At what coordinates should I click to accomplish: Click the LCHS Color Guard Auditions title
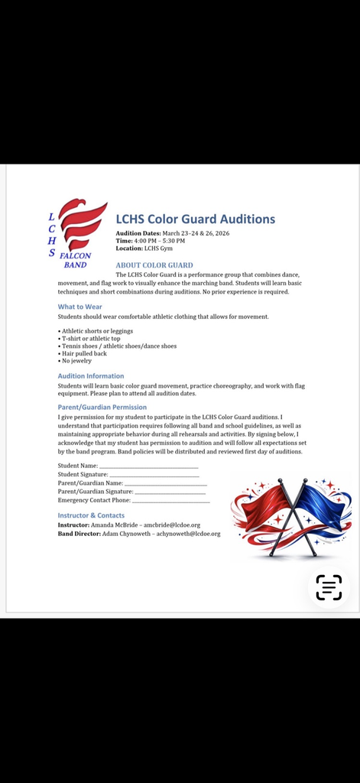[x=195, y=219]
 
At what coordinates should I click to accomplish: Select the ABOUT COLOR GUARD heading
[x=154, y=265]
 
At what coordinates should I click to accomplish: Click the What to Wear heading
[x=79, y=307]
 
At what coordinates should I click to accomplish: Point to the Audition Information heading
[x=90, y=375]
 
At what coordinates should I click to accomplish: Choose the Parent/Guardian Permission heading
[x=102, y=408]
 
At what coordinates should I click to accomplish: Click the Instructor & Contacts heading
[x=91, y=515]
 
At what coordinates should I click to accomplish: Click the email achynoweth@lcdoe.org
[x=190, y=534]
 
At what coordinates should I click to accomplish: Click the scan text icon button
[x=329, y=587]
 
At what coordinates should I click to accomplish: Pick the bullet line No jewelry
[x=76, y=361]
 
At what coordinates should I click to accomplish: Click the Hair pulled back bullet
[x=84, y=353]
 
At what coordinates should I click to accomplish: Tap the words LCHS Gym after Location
[x=159, y=249]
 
